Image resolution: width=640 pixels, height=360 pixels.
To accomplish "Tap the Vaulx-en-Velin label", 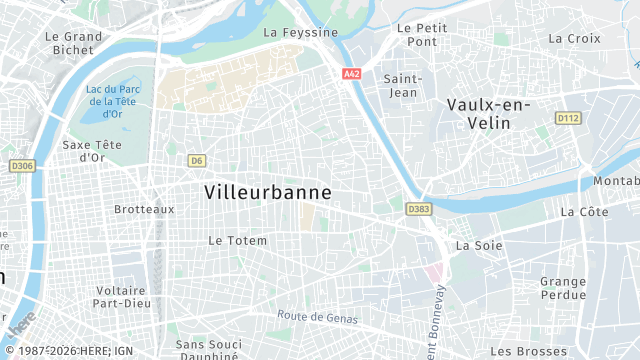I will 488,113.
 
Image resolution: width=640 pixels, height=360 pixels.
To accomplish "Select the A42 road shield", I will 351,74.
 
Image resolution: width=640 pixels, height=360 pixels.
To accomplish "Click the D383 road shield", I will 419,209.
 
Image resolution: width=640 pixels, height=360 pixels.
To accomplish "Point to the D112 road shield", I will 568,118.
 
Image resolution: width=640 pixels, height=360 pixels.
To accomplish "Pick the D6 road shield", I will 197,160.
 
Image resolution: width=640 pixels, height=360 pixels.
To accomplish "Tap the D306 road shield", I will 22,166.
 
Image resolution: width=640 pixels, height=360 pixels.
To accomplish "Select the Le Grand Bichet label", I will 74,43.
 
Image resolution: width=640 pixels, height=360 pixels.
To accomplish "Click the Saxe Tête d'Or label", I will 92,150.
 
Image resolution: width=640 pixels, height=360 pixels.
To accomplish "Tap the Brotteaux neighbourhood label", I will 144,209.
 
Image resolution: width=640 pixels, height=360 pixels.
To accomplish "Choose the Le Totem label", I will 237,241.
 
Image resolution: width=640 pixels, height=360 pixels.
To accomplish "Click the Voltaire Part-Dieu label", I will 122,297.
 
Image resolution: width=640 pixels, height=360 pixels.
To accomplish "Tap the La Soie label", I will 477,245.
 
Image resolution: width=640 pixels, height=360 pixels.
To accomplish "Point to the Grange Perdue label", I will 563,288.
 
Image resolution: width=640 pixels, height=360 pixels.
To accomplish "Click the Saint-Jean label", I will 403,86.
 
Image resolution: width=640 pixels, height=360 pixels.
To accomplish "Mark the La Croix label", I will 574,38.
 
